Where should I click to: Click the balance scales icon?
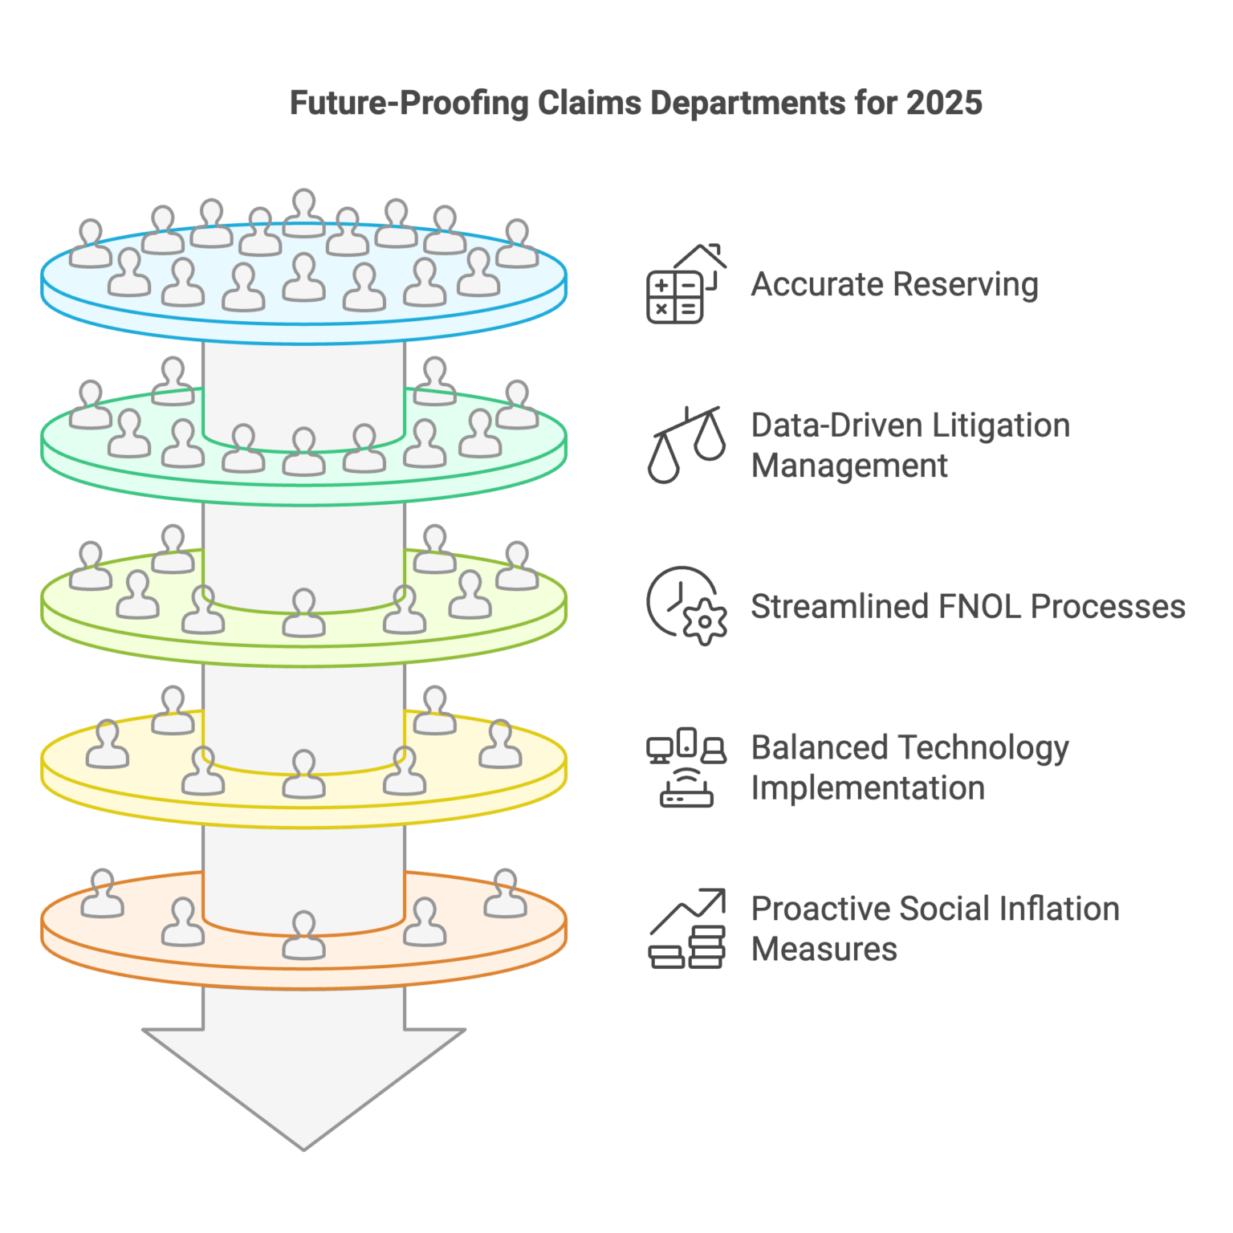point(687,445)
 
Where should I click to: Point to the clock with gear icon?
point(686,606)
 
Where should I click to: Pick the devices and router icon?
point(686,767)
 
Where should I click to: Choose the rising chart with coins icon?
point(687,929)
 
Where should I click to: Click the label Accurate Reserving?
point(893,285)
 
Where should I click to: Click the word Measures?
point(824,950)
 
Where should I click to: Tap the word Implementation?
point(867,788)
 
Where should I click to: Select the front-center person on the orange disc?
point(303,935)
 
